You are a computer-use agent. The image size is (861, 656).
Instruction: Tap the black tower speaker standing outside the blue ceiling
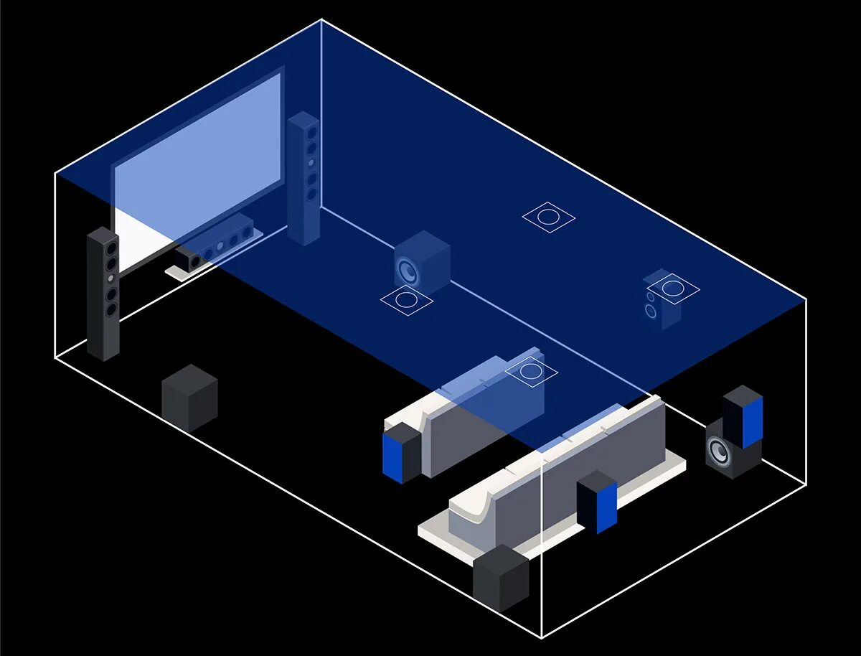[x=103, y=293]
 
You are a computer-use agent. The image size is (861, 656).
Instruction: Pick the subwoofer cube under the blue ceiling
[x=422, y=263]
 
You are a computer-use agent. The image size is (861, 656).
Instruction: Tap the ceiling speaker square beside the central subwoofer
[x=406, y=300]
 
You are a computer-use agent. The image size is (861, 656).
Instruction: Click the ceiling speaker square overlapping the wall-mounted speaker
[x=673, y=289]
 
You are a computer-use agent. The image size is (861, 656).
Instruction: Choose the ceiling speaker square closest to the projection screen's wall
[x=548, y=217]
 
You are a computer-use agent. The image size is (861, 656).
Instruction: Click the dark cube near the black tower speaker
[x=189, y=398]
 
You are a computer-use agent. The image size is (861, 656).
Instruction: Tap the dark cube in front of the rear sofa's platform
[x=501, y=578]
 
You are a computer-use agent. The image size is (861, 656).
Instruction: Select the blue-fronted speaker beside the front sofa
[x=402, y=453]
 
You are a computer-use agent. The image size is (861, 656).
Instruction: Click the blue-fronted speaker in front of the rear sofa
[x=598, y=501]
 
